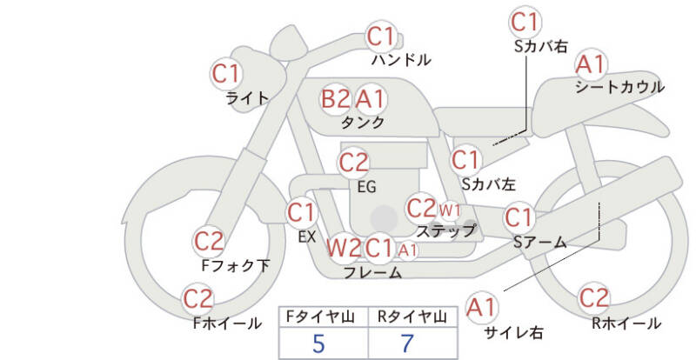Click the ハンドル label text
click(x=401, y=60)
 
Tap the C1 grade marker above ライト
click(x=227, y=73)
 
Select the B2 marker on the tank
click(x=336, y=98)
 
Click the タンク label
click(x=363, y=123)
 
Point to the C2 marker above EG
click(x=353, y=163)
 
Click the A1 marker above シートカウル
click(x=592, y=64)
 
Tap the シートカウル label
click(x=619, y=87)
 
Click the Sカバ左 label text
click(x=489, y=184)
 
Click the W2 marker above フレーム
click(x=343, y=249)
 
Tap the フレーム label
click(x=372, y=272)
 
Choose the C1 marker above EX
click(x=301, y=212)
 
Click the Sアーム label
click(x=540, y=243)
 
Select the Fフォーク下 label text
click(x=235, y=265)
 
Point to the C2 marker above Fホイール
click(x=198, y=300)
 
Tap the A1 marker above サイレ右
click(x=481, y=307)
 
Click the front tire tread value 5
click(x=318, y=343)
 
